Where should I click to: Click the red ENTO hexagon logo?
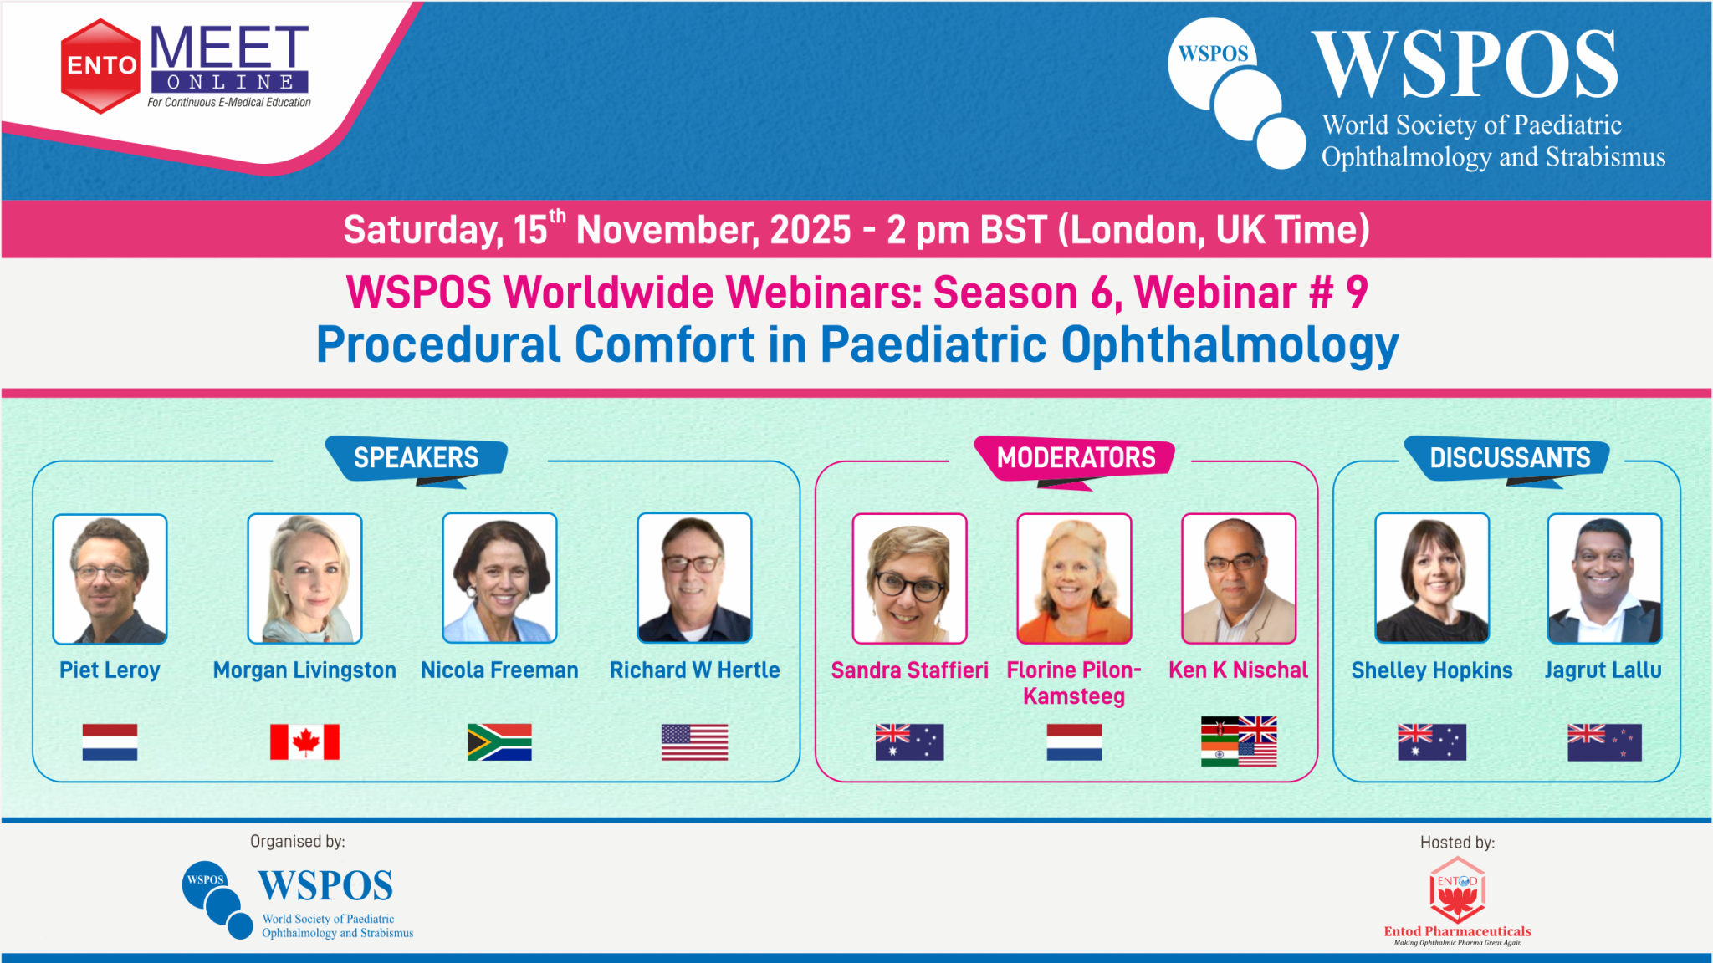(100, 66)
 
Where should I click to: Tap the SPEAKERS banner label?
(416, 458)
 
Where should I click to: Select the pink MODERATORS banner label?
(1076, 458)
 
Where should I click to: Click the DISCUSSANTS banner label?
(1509, 458)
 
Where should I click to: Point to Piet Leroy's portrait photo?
(110, 578)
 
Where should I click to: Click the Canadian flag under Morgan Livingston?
(304, 741)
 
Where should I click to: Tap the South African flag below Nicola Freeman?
(499, 741)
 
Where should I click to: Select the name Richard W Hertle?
(694, 670)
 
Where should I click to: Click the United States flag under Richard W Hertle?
(694, 741)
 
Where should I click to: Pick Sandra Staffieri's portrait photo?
(909, 578)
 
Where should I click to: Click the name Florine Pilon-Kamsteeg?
(1074, 683)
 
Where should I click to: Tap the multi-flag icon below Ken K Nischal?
(1239, 741)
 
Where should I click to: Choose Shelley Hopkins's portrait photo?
(1432, 578)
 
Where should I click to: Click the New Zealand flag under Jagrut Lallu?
(1604, 741)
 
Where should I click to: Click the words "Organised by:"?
(298, 842)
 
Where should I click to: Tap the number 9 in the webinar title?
(1357, 293)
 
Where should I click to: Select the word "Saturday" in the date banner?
(423, 230)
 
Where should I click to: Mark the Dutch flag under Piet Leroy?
(110, 741)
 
